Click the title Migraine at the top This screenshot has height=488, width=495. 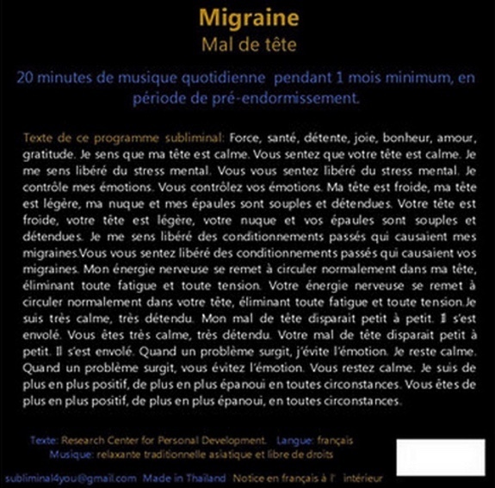click(x=247, y=18)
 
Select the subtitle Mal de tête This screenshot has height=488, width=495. click(x=247, y=43)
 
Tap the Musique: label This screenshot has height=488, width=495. click(x=73, y=454)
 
